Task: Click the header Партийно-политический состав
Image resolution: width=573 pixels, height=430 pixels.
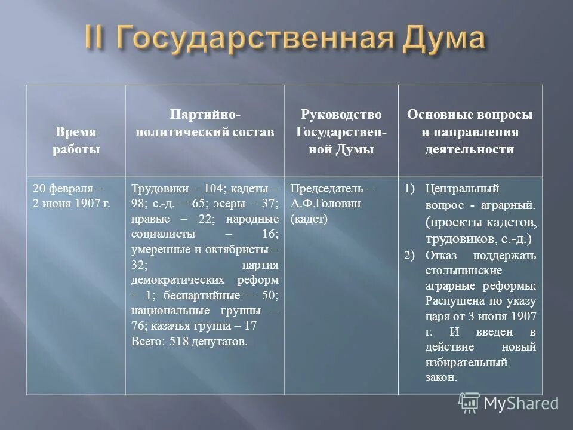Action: (x=205, y=123)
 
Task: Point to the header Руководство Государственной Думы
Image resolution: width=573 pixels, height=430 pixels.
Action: (x=341, y=131)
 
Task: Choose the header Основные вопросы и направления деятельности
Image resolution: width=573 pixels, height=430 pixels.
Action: (x=469, y=131)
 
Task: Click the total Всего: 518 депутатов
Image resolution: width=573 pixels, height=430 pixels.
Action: (x=189, y=342)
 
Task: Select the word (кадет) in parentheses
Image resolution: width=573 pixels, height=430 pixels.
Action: (x=309, y=219)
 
